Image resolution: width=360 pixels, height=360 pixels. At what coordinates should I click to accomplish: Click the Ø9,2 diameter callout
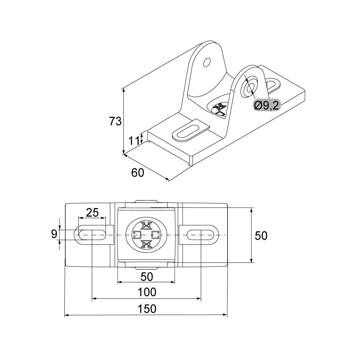click(x=266, y=105)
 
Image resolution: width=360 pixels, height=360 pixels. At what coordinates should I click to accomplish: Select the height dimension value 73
click(x=116, y=121)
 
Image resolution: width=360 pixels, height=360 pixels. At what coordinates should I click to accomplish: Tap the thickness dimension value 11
click(x=134, y=140)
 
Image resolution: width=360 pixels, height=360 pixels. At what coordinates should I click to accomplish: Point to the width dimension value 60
click(x=138, y=173)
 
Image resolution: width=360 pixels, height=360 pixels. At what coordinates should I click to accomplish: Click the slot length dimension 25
click(x=93, y=212)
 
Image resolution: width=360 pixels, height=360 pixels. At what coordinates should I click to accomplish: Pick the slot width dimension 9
click(x=54, y=234)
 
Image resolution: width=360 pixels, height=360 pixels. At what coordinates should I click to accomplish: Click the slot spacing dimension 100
click(x=147, y=292)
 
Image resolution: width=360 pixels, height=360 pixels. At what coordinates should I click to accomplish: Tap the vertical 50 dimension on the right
click(x=261, y=235)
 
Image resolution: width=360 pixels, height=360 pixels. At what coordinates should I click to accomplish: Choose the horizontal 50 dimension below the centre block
click(x=147, y=276)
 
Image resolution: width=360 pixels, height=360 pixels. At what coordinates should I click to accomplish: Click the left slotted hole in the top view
click(x=91, y=235)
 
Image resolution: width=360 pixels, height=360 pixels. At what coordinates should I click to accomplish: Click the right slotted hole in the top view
click(x=200, y=235)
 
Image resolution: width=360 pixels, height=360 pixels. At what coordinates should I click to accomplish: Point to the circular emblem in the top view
click(x=146, y=235)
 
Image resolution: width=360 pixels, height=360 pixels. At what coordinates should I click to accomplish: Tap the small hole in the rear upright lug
click(x=207, y=63)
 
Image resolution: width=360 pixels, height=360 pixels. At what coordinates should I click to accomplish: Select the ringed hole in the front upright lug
click(x=250, y=86)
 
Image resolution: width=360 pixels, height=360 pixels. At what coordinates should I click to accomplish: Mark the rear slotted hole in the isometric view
click(x=273, y=85)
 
